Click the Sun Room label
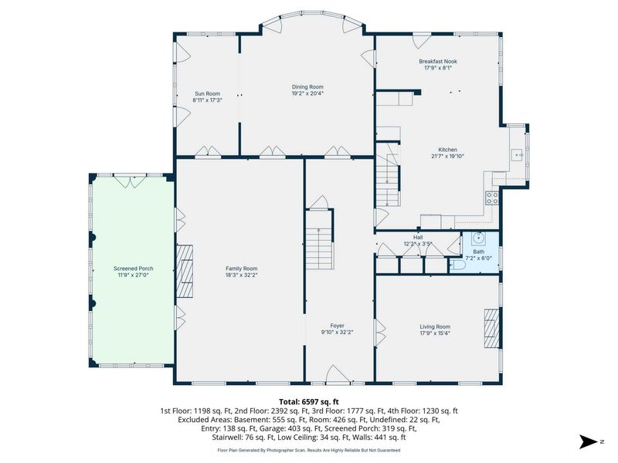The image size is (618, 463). pos(206,93)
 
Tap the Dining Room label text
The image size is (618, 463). pos(307,87)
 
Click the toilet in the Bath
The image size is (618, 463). pos(457,265)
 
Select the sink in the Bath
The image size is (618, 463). pos(477,239)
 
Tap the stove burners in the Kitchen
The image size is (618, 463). pos(491,198)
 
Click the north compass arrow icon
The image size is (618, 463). pos(589,441)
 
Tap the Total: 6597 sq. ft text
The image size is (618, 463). pos(309,402)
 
